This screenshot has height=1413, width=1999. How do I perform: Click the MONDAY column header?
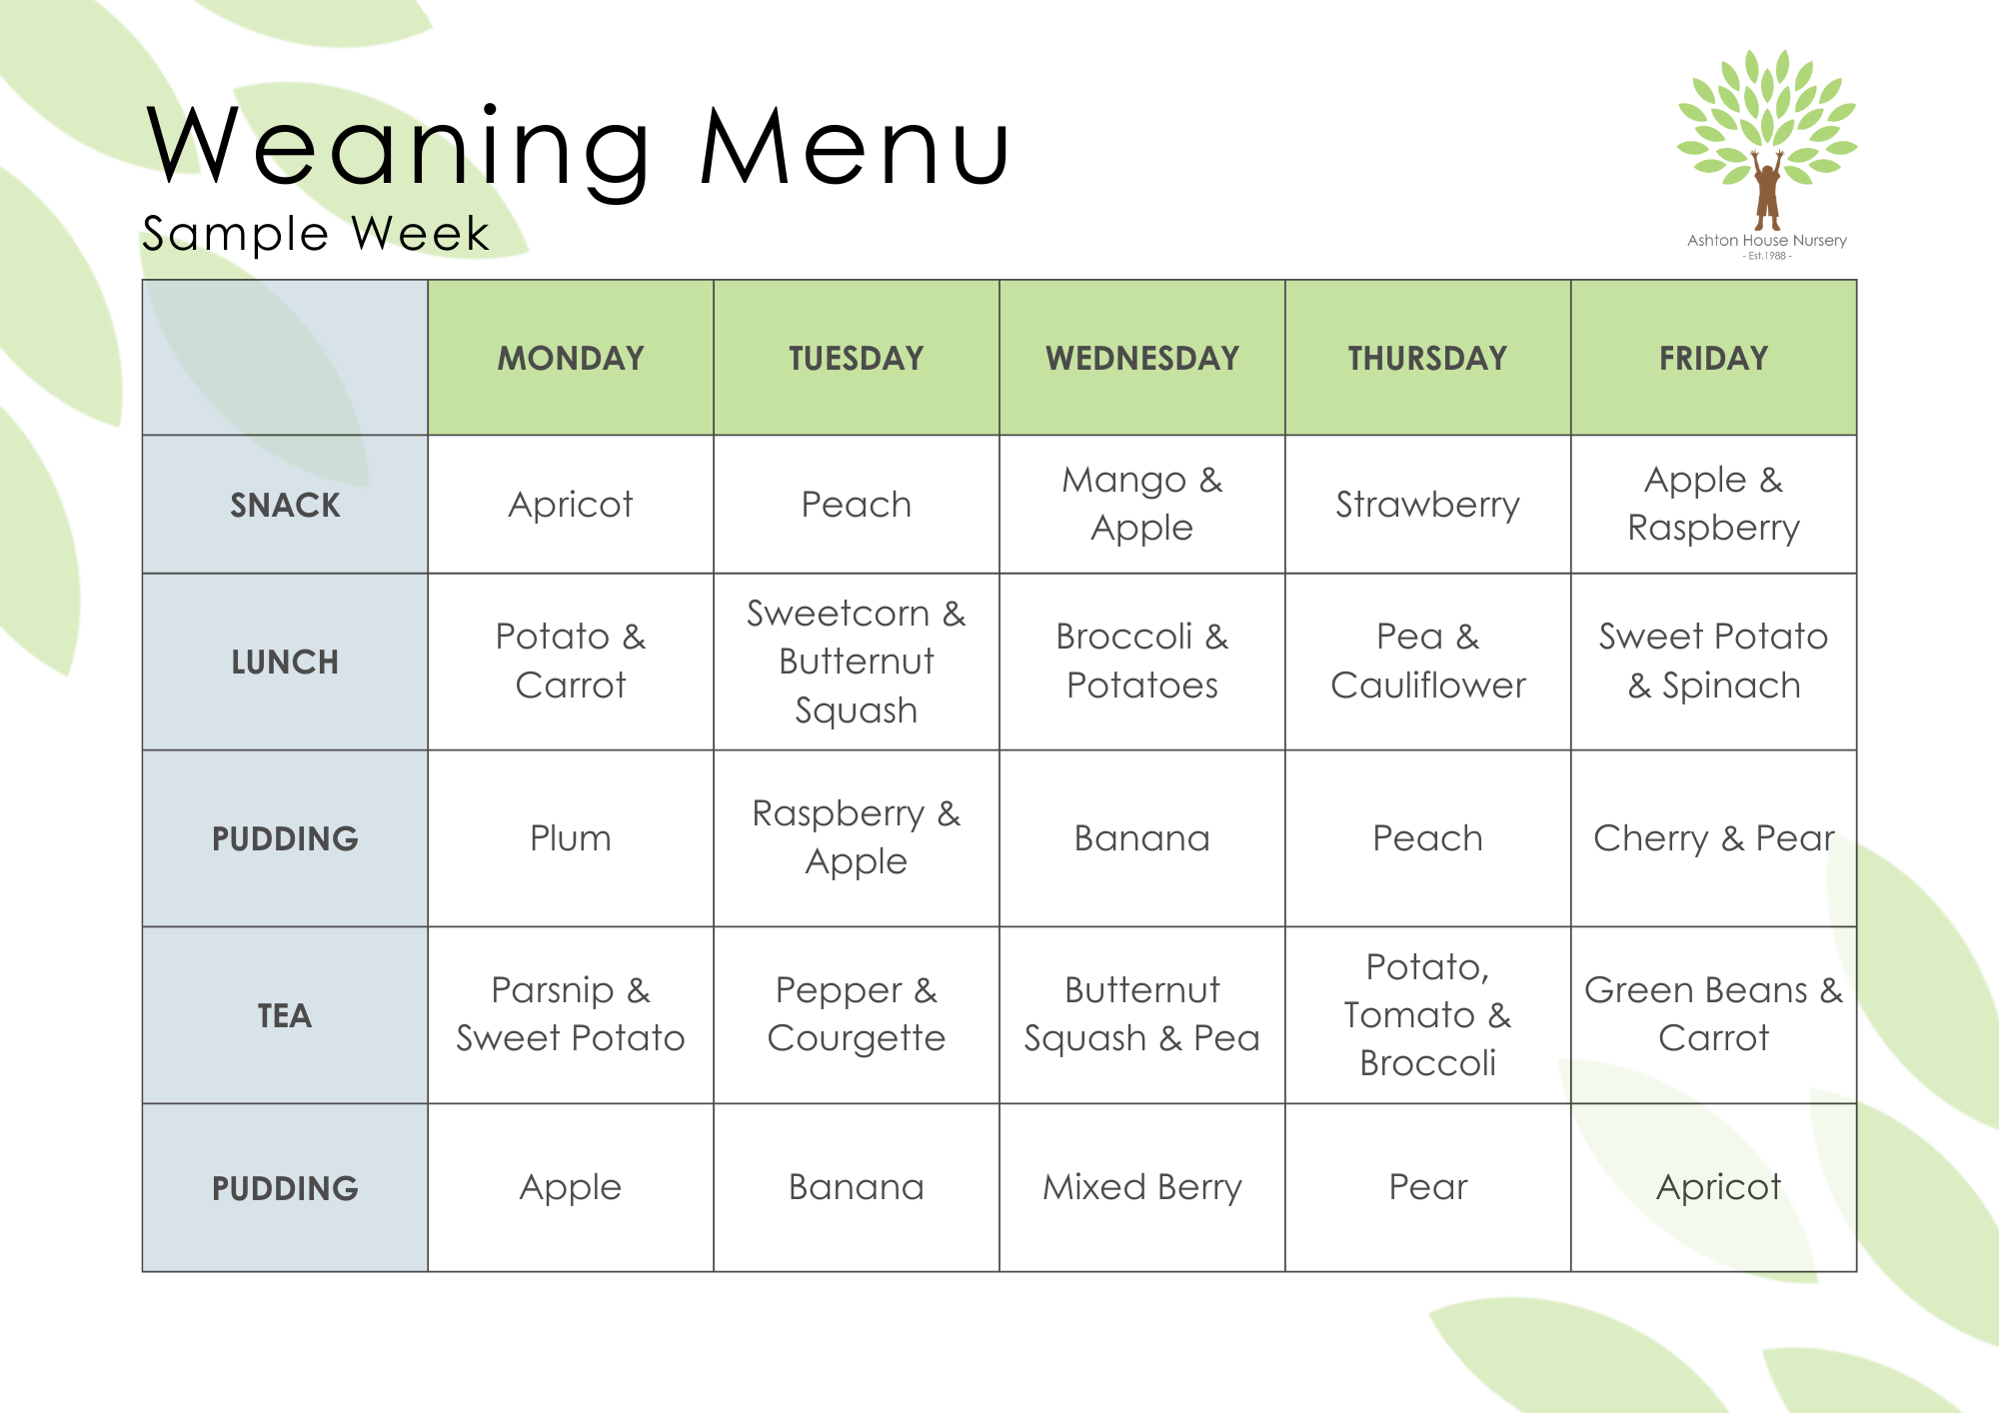[x=571, y=358]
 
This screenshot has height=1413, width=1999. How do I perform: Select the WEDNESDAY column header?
[x=1142, y=358]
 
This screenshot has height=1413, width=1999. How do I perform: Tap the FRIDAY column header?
[x=1713, y=358]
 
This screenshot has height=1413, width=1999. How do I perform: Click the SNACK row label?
[x=285, y=505]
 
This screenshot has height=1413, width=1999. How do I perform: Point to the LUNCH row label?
[x=285, y=662]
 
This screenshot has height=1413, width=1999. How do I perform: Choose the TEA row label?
[x=285, y=1015]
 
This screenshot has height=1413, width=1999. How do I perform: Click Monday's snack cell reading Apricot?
[x=571, y=505]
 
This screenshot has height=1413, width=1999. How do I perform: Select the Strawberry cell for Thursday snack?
[x=1427, y=505]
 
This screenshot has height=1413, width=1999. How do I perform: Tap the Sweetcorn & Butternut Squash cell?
[x=857, y=662]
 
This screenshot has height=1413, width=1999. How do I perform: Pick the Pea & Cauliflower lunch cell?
[x=1427, y=661]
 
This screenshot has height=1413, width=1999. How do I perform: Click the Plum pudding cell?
[x=571, y=838]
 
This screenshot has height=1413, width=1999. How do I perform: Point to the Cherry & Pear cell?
[x=1713, y=838]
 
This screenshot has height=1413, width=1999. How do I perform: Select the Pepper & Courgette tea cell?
[x=857, y=1014]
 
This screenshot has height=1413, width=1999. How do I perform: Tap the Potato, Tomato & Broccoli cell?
[x=1427, y=1014]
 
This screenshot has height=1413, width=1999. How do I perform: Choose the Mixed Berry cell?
[x=1142, y=1187]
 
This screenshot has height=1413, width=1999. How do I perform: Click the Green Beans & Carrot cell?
[x=1713, y=1014]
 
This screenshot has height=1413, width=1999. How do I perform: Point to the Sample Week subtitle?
[x=316, y=234]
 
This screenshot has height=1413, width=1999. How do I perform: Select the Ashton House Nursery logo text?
[x=1766, y=241]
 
